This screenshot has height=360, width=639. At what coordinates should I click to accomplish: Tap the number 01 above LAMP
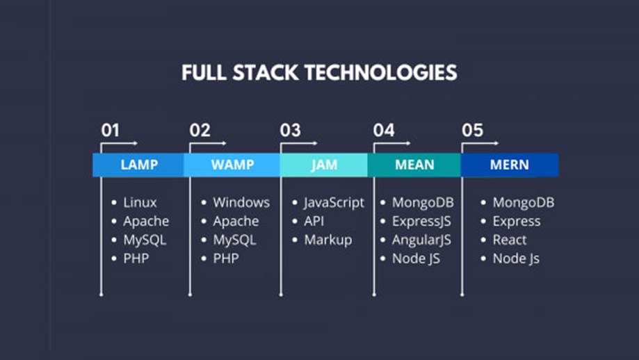tap(110, 130)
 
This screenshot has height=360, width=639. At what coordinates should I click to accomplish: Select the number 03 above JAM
tap(290, 130)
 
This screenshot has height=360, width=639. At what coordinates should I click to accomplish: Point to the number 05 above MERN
tap(472, 130)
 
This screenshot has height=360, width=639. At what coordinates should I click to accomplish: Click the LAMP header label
tap(139, 165)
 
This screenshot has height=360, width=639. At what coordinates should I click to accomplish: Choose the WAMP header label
tap(232, 165)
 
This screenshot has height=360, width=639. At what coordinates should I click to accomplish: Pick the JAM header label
tap(324, 165)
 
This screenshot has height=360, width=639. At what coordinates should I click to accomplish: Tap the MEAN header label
tap(414, 165)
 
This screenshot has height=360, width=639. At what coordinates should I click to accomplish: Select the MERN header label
tap(509, 165)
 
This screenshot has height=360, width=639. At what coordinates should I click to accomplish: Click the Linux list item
tap(140, 203)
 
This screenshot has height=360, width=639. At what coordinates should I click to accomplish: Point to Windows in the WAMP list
tap(241, 203)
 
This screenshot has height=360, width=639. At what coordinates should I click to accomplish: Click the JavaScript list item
tap(334, 203)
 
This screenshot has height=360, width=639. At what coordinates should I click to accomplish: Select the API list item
tap(314, 222)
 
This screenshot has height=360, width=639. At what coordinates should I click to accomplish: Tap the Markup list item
tap(327, 240)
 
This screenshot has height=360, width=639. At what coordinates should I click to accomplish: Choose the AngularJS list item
tap(421, 240)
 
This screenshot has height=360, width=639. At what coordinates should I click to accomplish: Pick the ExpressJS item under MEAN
tap(422, 222)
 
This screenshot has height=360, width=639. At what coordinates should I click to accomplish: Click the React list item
tap(510, 240)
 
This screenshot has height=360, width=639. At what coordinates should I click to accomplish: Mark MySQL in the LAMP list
tap(145, 240)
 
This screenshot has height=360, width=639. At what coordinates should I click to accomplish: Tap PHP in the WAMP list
tap(225, 259)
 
